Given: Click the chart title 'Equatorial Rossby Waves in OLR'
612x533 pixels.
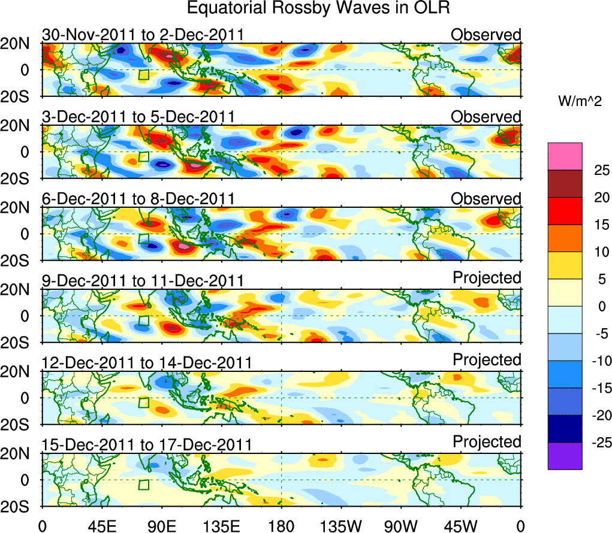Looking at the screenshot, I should pos(318,8).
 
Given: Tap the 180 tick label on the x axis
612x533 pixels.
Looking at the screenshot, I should pos(281,526).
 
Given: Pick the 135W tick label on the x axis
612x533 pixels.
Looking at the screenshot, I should pos(341,526).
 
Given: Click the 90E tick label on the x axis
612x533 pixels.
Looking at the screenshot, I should pos(161,526).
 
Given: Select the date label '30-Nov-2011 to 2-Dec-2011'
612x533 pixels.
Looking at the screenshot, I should pos(143,35).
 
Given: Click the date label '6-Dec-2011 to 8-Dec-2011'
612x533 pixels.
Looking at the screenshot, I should pos(138,199).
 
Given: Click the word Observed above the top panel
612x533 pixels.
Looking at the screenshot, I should pos(486,35).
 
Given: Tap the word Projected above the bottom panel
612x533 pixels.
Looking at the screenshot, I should pos(487,442).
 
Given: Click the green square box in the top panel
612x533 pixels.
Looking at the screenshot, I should pos(144,74).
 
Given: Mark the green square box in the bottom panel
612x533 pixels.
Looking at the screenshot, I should pos(144,484).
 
